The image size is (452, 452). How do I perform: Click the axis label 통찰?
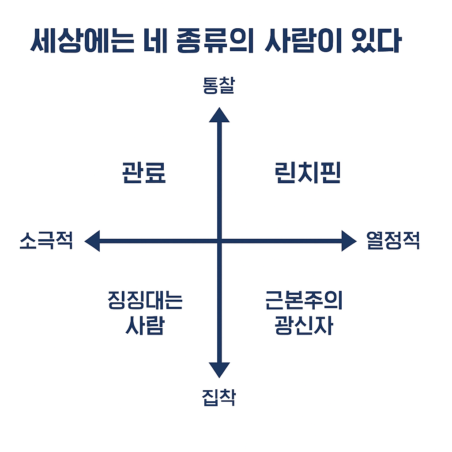point(218,86)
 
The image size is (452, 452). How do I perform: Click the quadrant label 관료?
point(144,173)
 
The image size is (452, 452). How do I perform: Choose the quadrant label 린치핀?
point(307,173)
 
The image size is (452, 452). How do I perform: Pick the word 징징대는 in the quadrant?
point(145,301)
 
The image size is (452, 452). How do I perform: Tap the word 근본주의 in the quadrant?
point(304,301)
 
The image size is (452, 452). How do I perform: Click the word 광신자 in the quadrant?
point(304,326)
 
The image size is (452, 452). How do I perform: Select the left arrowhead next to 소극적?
point(92,241)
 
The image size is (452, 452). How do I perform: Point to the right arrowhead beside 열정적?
point(348,241)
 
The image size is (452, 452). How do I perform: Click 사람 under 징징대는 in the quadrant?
point(145,326)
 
